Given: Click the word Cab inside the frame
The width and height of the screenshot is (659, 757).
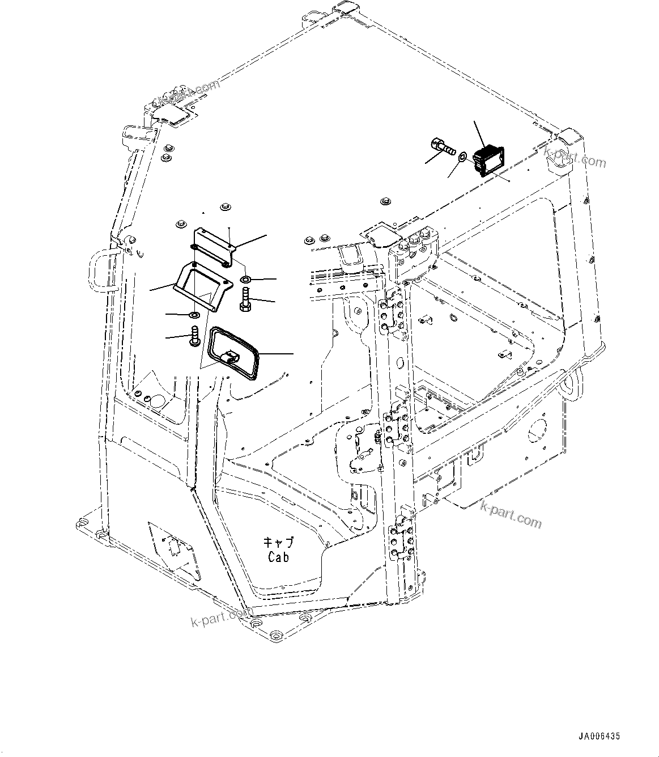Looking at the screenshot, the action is pyautogui.click(x=278, y=557).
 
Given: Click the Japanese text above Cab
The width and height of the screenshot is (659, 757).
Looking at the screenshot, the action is pyautogui.click(x=278, y=542).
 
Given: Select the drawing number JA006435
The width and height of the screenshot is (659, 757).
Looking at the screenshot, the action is pyautogui.click(x=599, y=737).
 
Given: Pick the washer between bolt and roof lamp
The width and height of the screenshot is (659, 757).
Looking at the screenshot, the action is pyautogui.click(x=463, y=155).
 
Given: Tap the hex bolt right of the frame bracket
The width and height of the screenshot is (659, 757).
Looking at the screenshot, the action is pyautogui.click(x=245, y=299).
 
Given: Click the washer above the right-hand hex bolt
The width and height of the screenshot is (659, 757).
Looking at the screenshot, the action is pyautogui.click(x=246, y=280).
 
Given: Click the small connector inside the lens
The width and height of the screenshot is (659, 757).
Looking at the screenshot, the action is pyautogui.click(x=233, y=357).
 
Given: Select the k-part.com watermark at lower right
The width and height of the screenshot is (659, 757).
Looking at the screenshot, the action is pyautogui.click(x=511, y=513).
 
